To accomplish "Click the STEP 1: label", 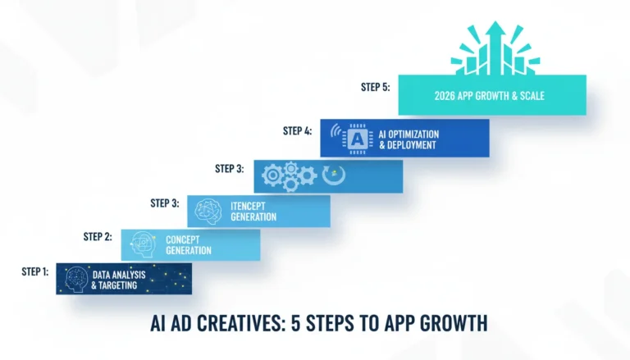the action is [x=35, y=271].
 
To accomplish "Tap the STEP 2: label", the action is [x=98, y=237].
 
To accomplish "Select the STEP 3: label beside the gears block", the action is [x=230, y=168].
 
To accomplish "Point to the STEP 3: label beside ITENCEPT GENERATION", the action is [x=165, y=203].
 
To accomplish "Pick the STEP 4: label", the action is [x=297, y=130].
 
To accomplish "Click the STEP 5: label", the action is [x=375, y=87].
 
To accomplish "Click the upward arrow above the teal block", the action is [x=495, y=48].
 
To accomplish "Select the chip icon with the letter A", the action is [x=357, y=139].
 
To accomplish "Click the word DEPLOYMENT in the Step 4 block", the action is [x=412, y=144].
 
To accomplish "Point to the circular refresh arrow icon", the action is [x=334, y=175].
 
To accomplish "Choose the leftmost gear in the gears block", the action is [x=273, y=175].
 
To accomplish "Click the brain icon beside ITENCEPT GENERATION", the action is [x=208, y=212].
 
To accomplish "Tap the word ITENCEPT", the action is [x=248, y=206].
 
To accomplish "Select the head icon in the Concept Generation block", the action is [x=143, y=244].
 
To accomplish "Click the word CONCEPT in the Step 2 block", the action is [x=183, y=240].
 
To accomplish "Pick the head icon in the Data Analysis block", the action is [x=76, y=280].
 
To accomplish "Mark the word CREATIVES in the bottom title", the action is [x=240, y=323].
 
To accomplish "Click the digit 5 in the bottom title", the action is [x=295, y=323].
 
